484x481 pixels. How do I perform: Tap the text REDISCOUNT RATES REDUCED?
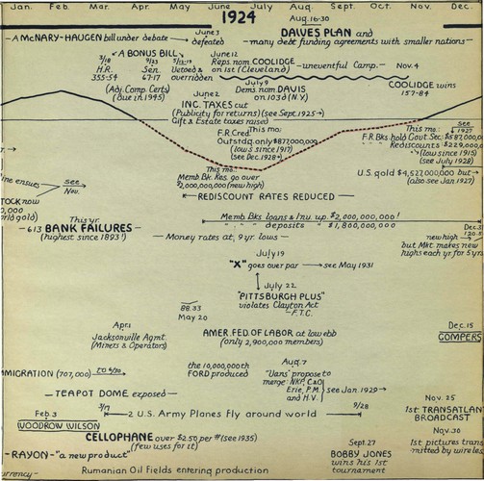coord(253,196)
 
